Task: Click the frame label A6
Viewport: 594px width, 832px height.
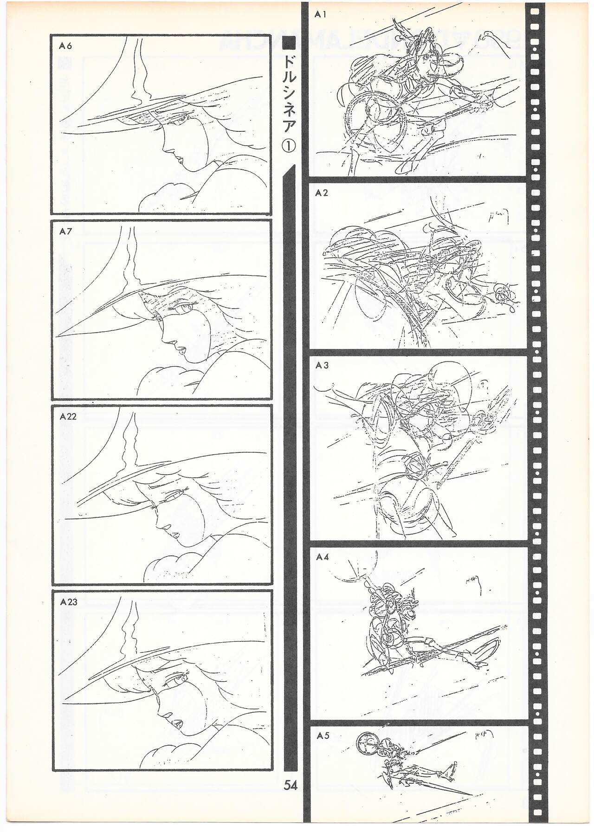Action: pyautogui.click(x=65, y=46)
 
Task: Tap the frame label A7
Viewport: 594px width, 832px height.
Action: pyautogui.click(x=65, y=231)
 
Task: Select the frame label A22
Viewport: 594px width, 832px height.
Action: pyautogui.click(x=68, y=417)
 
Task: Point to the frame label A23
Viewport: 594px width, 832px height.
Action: pyautogui.click(x=68, y=602)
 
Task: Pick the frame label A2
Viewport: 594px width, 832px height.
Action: pyautogui.click(x=322, y=193)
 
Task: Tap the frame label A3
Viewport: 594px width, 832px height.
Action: pyautogui.click(x=322, y=366)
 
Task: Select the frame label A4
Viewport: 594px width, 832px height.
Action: pyautogui.click(x=322, y=557)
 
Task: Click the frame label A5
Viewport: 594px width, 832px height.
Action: pyautogui.click(x=323, y=736)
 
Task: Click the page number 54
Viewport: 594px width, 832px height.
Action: pyautogui.click(x=291, y=785)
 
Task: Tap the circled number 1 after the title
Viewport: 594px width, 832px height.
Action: pyautogui.click(x=289, y=145)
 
